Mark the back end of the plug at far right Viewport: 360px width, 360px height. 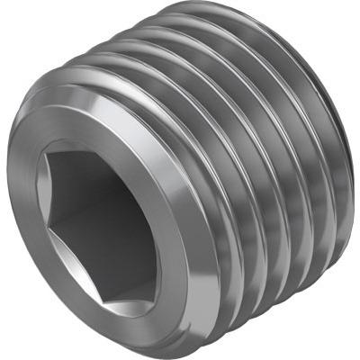pyautogui.click(x=346, y=144)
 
